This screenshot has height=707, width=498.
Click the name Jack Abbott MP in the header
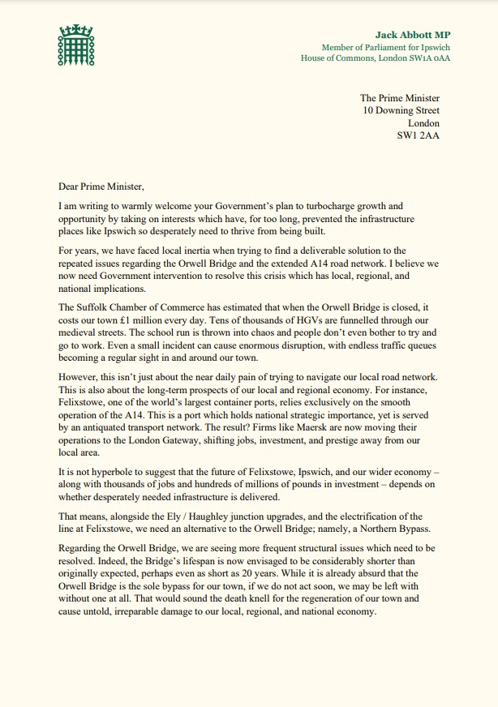click(412, 35)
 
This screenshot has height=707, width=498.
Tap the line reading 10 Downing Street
click(401, 110)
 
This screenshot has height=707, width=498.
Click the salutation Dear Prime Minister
click(101, 186)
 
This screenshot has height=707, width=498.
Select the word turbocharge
click(344, 206)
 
